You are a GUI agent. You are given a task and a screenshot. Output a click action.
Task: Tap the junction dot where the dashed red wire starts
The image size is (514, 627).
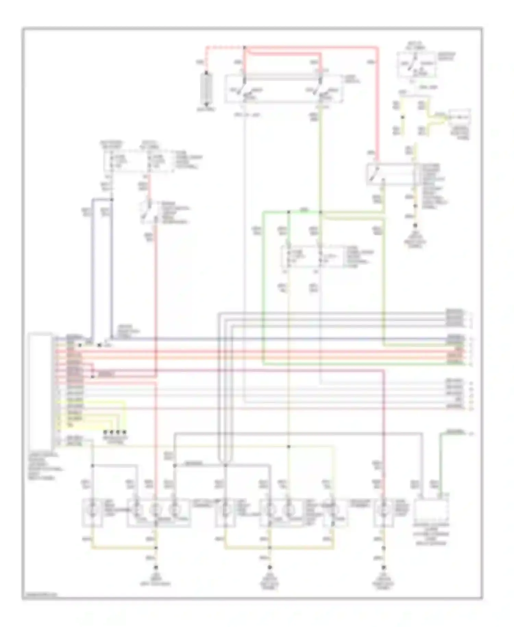[x=244, y=47]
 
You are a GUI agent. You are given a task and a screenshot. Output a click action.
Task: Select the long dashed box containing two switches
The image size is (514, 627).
[x=284, y=89]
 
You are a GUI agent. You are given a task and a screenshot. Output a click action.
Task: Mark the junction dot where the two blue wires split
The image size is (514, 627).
[x=112, y=199]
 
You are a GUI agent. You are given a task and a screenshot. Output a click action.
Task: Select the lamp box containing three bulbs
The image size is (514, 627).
[x=159, y=513]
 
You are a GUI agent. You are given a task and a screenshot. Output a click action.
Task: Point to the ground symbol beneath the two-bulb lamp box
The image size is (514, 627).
[x=270, y=567]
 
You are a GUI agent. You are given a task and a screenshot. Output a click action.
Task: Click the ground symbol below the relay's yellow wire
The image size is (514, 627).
[x=415, y=226]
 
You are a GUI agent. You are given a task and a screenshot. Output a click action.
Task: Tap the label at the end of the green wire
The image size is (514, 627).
[x=455, y=431]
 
